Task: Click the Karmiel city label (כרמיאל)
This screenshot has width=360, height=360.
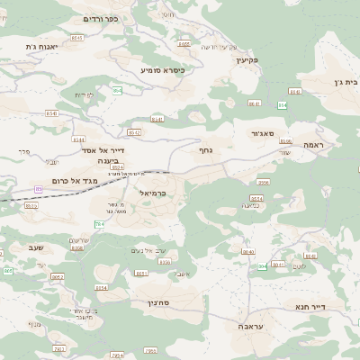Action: pyautogui.click(x=153, y=193)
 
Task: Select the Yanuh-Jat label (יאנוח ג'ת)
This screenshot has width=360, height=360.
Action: pyautogui.click(x=42, y=46)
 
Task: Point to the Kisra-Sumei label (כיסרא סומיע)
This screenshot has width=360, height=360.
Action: pyautogui.click(x=163, y=69)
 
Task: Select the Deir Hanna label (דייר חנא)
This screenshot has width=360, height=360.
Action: pyautogui.click(x=331, y=305)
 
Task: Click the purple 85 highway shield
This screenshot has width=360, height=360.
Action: pyautogui.click(x=38, y=189)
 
